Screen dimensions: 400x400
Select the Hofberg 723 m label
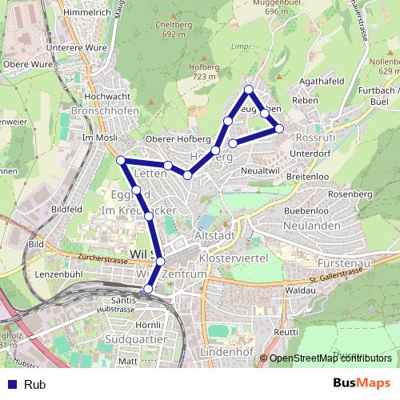coord(204,72)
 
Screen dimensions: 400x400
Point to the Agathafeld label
coord(321,81)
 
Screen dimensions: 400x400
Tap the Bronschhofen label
coord(105,110)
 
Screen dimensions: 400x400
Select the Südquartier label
coord(136,339)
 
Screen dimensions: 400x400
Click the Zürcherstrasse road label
coord(105,258)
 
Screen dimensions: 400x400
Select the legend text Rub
coord(34,385)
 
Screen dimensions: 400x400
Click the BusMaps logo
coord(362,383)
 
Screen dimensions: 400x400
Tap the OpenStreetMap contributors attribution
coord(330,358)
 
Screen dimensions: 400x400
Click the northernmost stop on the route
coord(249,89)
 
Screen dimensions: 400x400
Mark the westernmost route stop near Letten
coord(121,161)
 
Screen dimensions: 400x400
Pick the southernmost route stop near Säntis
coord(147,289)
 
